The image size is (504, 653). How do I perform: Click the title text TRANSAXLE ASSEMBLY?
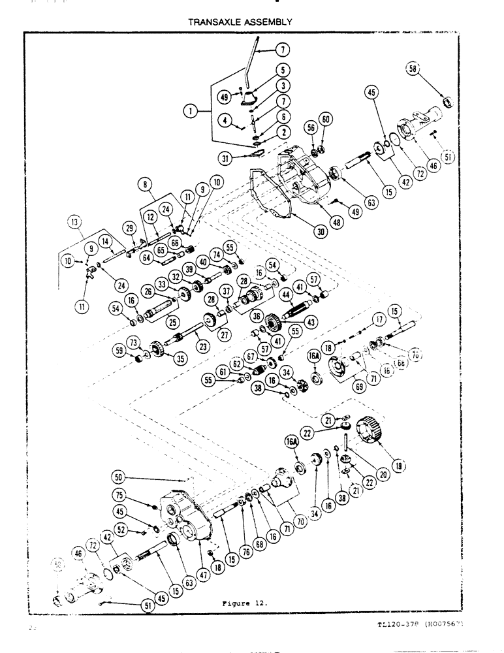[236, 22]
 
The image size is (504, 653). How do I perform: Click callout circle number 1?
[191, 112]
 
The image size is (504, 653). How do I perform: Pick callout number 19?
[397, 466]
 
